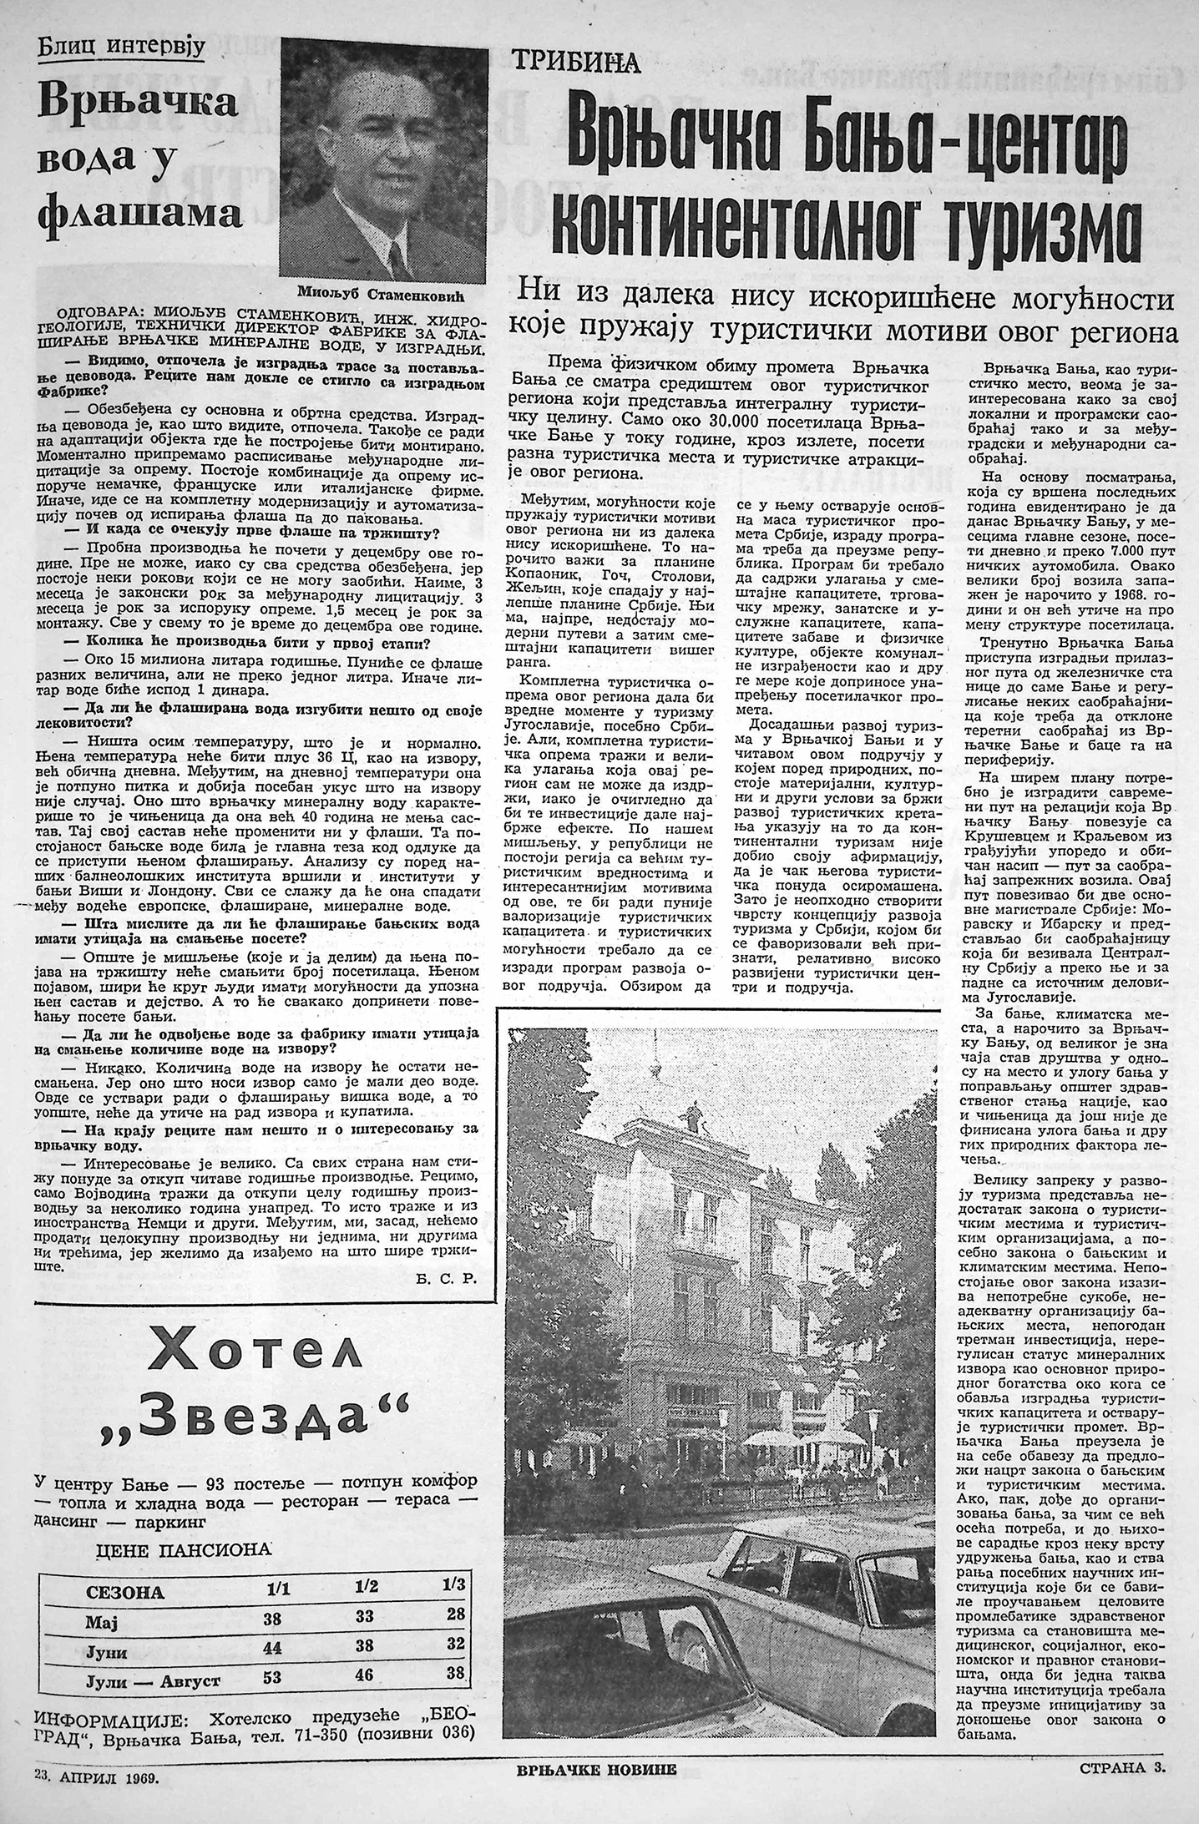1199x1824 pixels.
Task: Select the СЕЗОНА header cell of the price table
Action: click(x=124, y=1591)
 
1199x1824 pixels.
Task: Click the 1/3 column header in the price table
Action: click(x=454, y=1584)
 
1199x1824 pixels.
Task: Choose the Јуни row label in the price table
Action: click(x=107, y=1652)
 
